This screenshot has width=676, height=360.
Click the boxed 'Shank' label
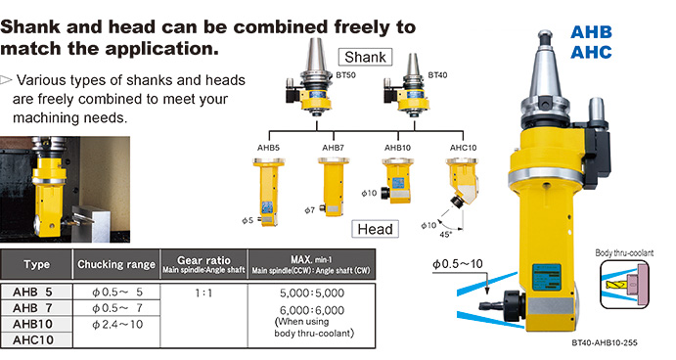(x=365, y=57)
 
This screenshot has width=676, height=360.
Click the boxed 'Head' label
(x=375, y=229)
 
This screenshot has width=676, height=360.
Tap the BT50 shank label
(x=345, y=75)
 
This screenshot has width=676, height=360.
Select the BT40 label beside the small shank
(x=437, y=75)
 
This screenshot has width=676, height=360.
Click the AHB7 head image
(x=334, y=186)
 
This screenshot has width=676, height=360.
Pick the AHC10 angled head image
(x=462, y=182)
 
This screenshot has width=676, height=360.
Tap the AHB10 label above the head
(x=397, y=148)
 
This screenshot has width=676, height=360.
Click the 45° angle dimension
(x=445, y=235)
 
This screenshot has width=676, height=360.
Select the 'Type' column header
(x=36, y=264)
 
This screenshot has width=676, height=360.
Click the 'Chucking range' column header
(x=116, y=264)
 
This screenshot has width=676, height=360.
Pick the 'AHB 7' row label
(x=32, y=308)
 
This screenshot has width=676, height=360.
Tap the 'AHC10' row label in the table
(x=33, y=339)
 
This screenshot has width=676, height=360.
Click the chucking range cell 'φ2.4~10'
(x=117, y=324)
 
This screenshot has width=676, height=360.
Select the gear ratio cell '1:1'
(x=203, y=293)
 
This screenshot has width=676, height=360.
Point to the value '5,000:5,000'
(x=312, y=293)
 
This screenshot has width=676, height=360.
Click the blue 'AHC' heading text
(x=591, y=52)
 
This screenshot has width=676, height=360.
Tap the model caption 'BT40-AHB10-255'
(x=605, y=343)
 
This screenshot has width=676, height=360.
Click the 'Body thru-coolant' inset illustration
(x=625, y=284)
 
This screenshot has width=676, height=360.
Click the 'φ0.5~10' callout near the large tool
(x=458, y=264)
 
